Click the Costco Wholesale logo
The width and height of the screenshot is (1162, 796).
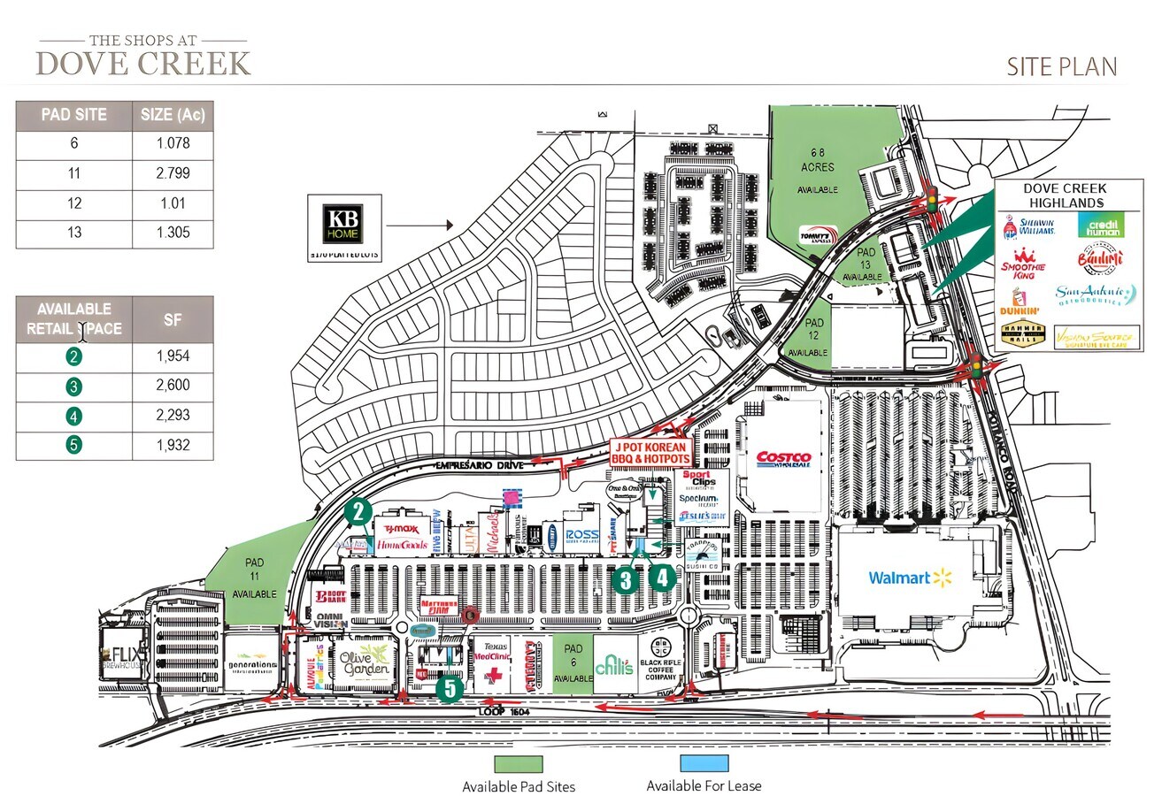[783, 459]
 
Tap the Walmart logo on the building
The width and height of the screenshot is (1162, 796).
[909, 578]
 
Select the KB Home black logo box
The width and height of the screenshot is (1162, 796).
[344, 226]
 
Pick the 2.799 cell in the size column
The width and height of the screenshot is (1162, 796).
[173, 173]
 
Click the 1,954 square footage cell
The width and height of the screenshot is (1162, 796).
[173, 356]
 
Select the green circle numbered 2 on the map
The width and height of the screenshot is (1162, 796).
[358, 511]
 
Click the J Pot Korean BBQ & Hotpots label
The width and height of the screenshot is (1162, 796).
[650, 453]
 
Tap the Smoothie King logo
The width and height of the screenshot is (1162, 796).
[1023, 264]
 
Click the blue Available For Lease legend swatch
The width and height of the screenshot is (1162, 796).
[704, 763]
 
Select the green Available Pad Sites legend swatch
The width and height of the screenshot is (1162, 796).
[519, 763]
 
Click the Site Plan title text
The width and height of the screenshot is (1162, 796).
[1061, 67]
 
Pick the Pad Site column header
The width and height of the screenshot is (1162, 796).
[74, 115]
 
